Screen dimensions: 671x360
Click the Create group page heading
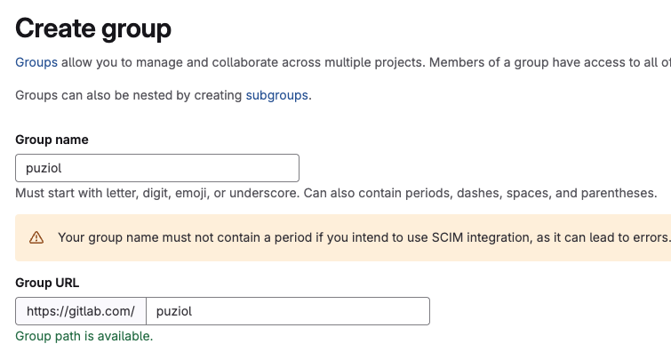pyautogui.click(x=93, y=29)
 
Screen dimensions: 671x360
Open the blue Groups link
pyautogui.click(x=36, y=62)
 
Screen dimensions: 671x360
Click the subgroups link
pyautogui.click(x=277, y=95)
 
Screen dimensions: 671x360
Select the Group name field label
pyautogui.click(x=52, y=140)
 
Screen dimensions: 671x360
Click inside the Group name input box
pyautogui.click(x=157, y=168)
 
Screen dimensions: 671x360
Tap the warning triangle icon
pyautogui.click(x=36, y=237)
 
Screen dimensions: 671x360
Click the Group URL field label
pyautogui.click(x=47, y=283)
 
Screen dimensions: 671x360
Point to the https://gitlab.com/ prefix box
pyautogui.click(x=81, y=311)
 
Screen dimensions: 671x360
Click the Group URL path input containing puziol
pyautogui.click(x=288, y=311)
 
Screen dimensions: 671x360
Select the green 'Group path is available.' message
pyautogui.click(x=84, y=337)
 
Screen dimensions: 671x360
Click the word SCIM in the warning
pyautogui.click(x=447, y=237)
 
